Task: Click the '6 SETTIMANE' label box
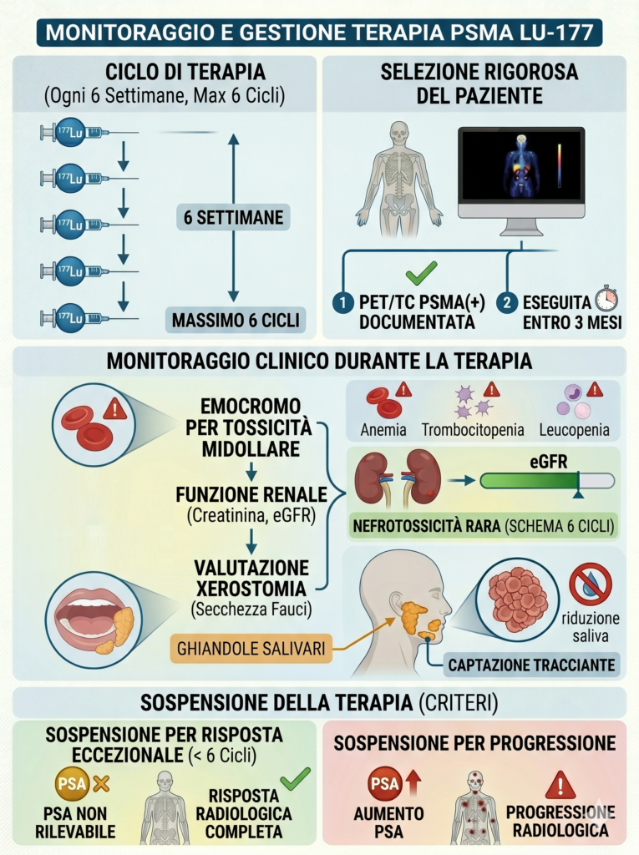click(x=233, y=219)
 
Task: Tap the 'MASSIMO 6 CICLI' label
click(x=233, y=320)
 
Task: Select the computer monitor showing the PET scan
click(x=520, y=173)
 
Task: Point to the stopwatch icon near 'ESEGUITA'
click(x=606, y=298)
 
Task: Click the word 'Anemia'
click(x=384, y=431)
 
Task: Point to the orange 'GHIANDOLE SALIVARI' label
click(x=238, y=646)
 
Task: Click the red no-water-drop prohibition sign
click(x=591, y=584)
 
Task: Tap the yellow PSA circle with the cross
click(x=69, y=785)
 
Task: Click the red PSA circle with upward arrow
click(x=384, y=785)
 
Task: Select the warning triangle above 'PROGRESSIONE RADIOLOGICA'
click(x=560, y=785)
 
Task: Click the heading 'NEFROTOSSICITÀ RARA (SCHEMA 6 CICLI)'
click(x=482, y=527)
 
